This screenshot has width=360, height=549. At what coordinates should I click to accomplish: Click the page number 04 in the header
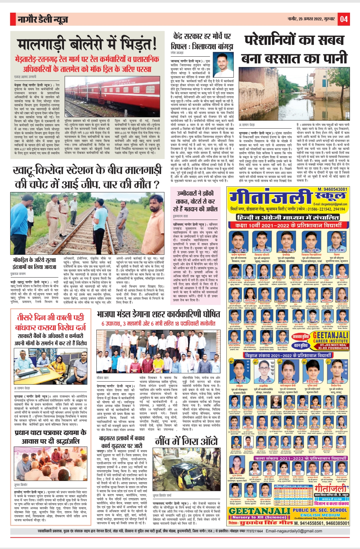[344, 19]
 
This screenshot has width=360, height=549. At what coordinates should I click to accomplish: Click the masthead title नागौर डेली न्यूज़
[43, 20]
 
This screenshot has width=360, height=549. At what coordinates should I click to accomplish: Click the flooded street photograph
[294, 94]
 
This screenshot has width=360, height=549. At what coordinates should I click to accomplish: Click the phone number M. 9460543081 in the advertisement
[332, 189]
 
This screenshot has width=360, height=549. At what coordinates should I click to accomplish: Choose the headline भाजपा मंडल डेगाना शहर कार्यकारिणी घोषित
[158, 314]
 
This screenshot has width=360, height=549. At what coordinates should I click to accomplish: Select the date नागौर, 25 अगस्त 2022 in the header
[311, 19]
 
